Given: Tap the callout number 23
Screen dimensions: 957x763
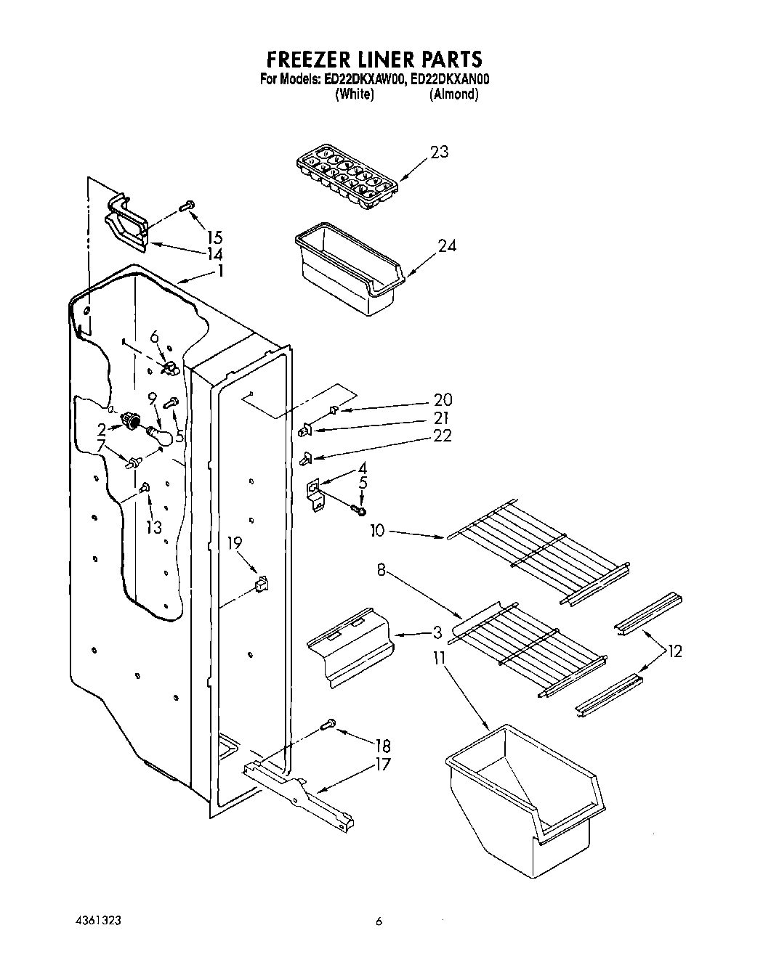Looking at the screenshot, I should click(x=439, y=152).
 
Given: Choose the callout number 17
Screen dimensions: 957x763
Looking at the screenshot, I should click(x=382, y=764).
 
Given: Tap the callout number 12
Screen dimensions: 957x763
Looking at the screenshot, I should click(x=675, y=651).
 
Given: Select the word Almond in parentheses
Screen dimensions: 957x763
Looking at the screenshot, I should click(x=454, y=94).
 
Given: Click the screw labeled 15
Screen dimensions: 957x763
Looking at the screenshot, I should click(x=187, y=206).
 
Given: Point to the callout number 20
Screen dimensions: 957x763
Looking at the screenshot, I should click(x=443, y=399).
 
